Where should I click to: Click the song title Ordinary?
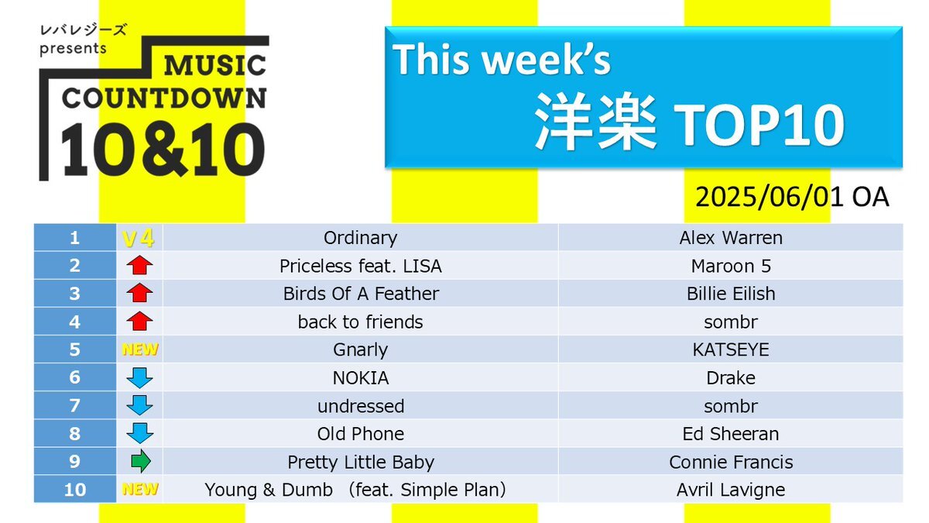click(x=360, y=239)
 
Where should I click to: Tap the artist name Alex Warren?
click(x=731, y=238)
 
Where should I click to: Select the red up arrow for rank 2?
click(x=139, y=265)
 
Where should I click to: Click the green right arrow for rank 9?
click(x=141, y=461)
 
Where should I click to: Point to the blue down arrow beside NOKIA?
click(x=139, y=378)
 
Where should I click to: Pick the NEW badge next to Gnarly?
click(x=140, y=349)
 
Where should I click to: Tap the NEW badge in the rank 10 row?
click(x=140, y=490)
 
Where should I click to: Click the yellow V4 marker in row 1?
click(x=139, y=239)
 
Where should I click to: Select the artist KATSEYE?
click(x=731, y=350)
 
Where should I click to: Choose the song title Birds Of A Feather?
click(x=361, y=294)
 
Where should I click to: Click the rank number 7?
click(x=74, y=405)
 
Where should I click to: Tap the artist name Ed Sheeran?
click(x=731, y=434)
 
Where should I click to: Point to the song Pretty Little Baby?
click(x=361, y=462)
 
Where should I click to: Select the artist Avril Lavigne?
click(x=731, y=490)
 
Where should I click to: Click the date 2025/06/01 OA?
click(x=792, y=197)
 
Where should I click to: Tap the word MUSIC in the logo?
click(x=215, y=66)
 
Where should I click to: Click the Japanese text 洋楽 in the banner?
click(x=596, y=122)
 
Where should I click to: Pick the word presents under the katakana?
click(x=73, y=49)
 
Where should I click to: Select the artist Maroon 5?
click(x=731, y=266)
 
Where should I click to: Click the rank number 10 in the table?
click(x=74, y=490)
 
